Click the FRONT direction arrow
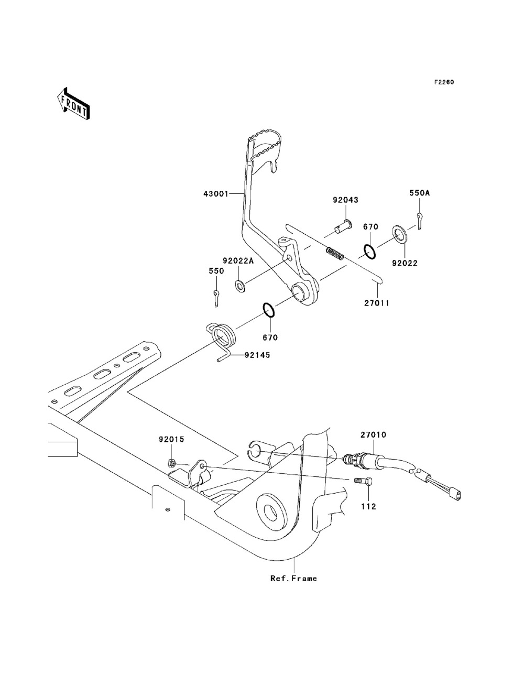click(73, 103)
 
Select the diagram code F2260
click(444, 82)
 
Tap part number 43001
click(216, 194)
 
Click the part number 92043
click(345, 200)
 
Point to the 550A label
click(420, 193)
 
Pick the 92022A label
click(238, 260)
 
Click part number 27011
click(377, 303)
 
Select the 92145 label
click(257, 355)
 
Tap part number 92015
click(171, 439)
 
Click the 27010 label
click(374, 434)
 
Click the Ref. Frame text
click(293, 579)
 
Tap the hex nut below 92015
click(171, 462)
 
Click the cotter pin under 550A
click(420, 221)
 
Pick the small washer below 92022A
click(239, 286)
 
